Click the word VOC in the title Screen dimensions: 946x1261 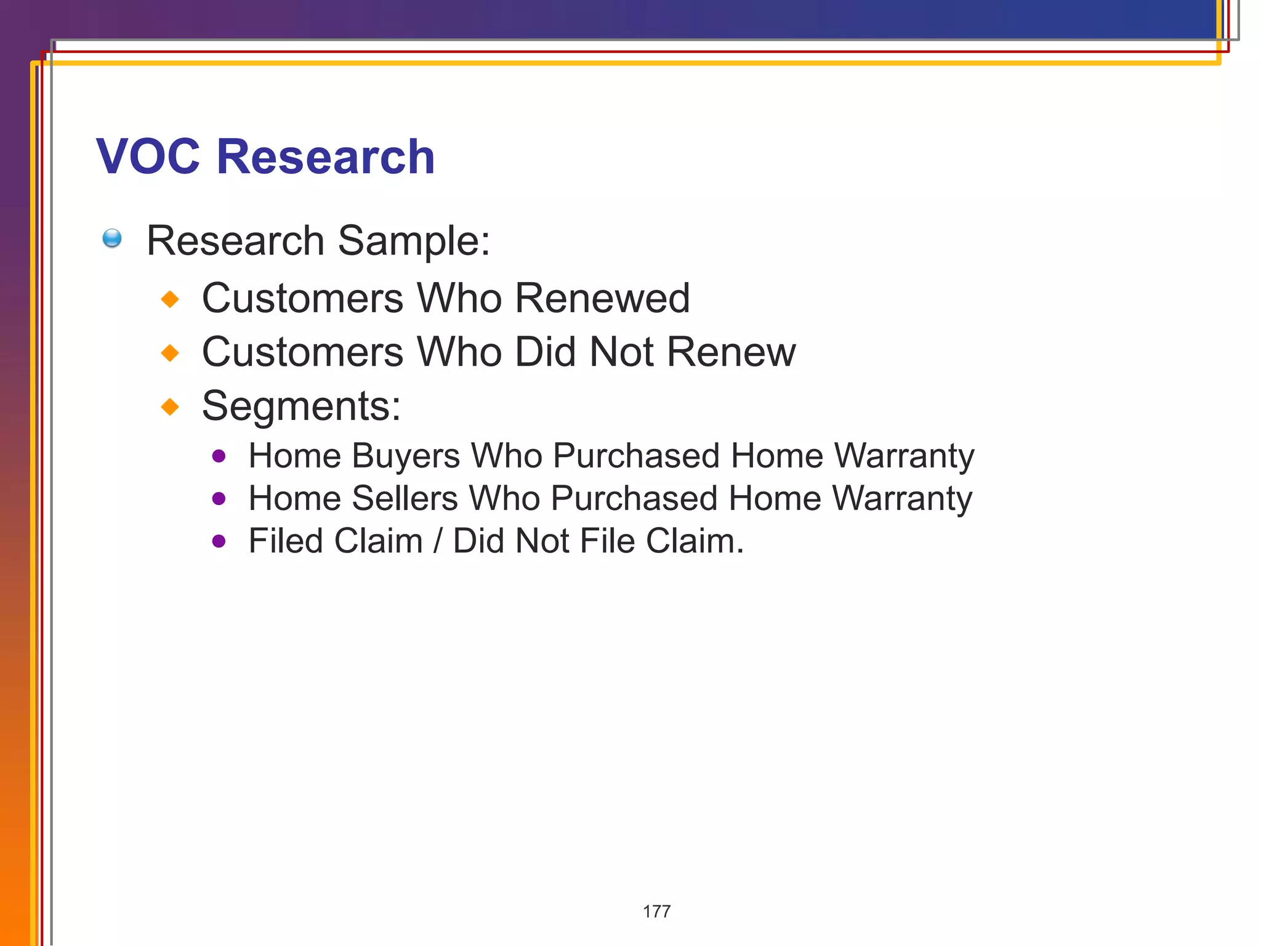click(x=148, y=156)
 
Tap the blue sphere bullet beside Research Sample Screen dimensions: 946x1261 click(x=112, y=238)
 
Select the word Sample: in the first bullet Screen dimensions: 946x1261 click(x=414, y=241)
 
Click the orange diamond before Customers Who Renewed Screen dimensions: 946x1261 click(x=170, y=299)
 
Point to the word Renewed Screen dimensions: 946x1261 click(x=602, y=299)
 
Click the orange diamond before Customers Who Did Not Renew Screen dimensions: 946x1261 click(x=170, y=353)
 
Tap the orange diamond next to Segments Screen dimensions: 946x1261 click(x=170, y=406)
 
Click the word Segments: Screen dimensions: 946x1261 click(x=302, y=406)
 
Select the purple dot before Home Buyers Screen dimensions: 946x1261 click(x=219, y=456)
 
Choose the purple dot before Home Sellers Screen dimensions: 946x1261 click(x=219, y=499)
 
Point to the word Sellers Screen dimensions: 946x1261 click(x=405, y=498)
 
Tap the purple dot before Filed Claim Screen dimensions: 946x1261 click(x=219, y=541)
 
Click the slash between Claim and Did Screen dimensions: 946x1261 click(x=438, y=541)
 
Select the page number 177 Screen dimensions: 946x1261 click(x=656, y=912)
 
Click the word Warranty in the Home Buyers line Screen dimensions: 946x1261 click(x=904, y=457)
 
